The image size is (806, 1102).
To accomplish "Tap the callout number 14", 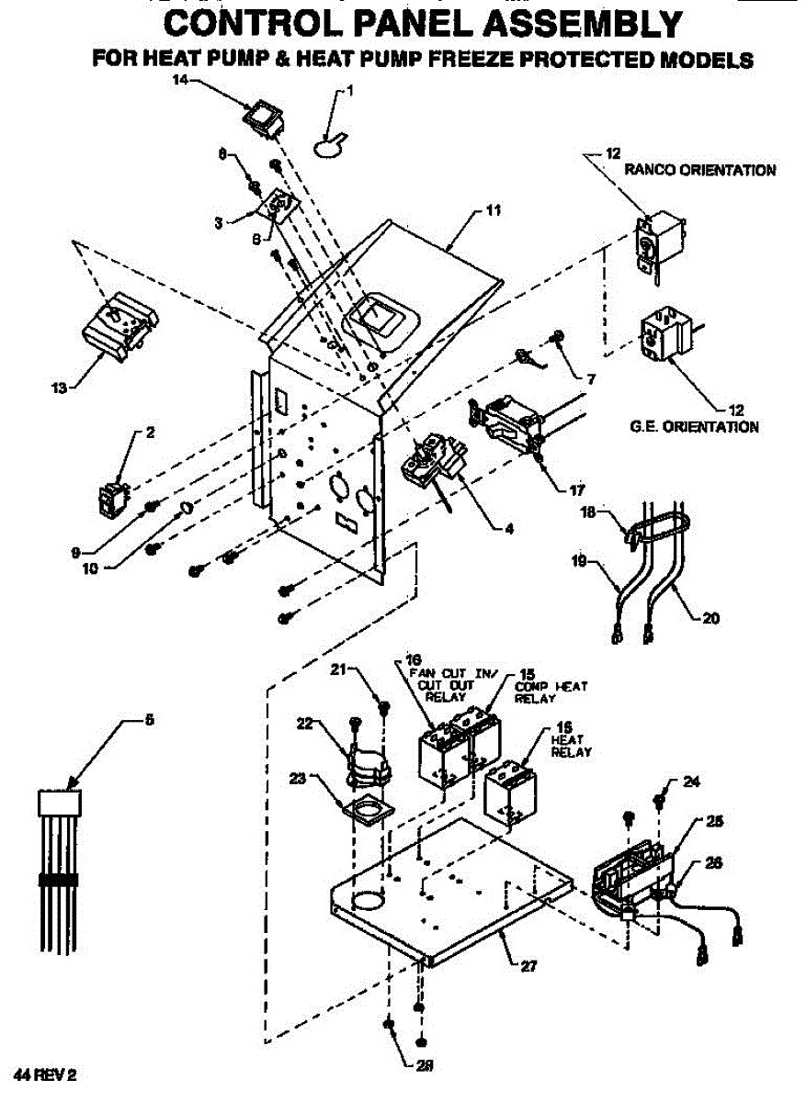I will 181,80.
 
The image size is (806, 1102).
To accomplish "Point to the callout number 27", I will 528,965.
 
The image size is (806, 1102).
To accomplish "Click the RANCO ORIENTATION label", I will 699,170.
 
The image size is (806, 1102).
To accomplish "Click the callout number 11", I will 493,210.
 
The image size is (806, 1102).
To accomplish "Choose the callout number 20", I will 710,617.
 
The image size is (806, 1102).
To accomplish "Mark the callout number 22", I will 304,723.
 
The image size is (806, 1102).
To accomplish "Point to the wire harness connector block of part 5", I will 59,802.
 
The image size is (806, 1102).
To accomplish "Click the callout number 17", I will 577,489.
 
